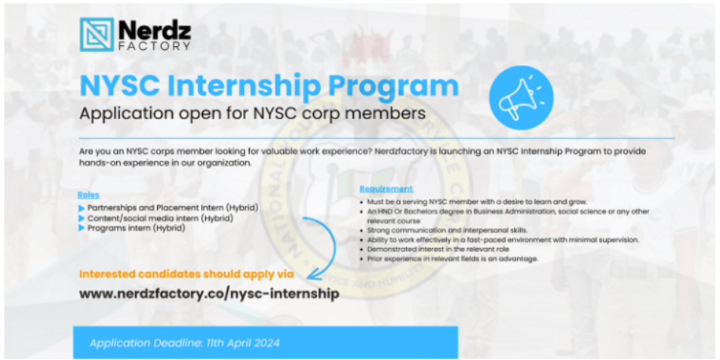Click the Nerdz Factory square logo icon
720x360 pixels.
coord(97,35)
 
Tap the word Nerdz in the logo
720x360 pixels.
coord(155,30)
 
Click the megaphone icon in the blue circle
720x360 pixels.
coord(521,98)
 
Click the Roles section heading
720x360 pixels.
coord(88,195)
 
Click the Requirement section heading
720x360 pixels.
coord(386,189)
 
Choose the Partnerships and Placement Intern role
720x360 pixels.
coord(172,208)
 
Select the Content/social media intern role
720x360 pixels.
coord(160,218)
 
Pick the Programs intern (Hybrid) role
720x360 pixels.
coord(136,228)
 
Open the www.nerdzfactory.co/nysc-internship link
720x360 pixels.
coord(209,294)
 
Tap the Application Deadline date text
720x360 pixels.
coord(185,343)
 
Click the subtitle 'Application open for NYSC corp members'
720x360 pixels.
coord(253,114)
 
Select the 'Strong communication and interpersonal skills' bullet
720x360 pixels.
coord(459,230)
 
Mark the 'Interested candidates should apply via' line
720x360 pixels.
coord(186,274)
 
